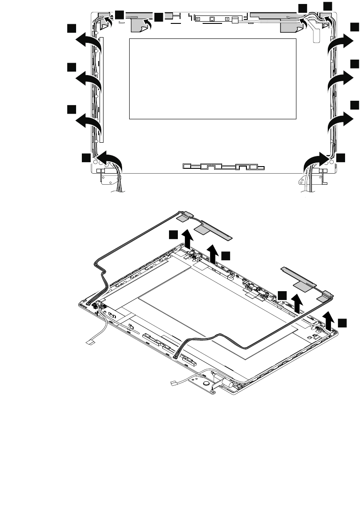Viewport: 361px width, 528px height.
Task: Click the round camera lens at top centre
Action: click(212, 19)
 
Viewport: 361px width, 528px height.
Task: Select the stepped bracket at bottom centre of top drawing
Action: click(223, 167)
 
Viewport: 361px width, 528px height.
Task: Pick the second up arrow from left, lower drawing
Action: click(215, 252)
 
